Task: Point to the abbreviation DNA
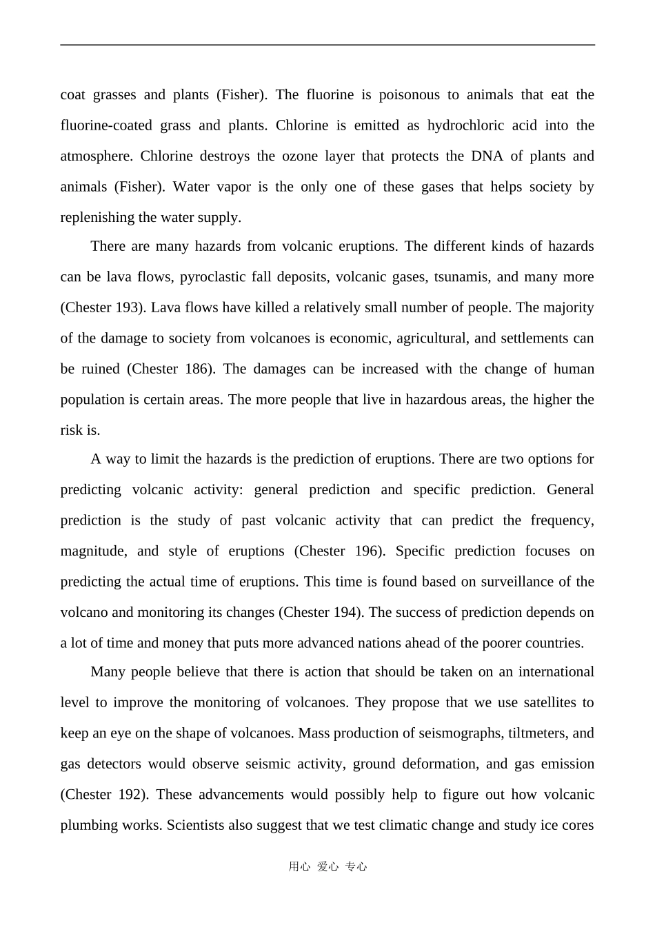click(x=487, y=156)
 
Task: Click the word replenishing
click(x=97, y=218)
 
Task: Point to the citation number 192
click(x=130, y=795)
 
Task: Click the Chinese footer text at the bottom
click(x=327, y=867)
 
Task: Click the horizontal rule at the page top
click(x=327, y=45)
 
